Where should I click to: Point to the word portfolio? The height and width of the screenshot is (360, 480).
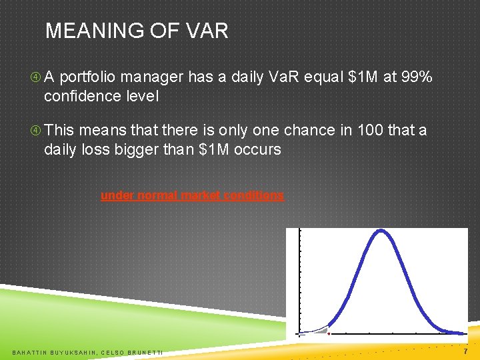coord(96,78)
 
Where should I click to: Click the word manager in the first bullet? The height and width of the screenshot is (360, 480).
coord(157,78)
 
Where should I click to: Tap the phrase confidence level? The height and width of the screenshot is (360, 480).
coord(101,96)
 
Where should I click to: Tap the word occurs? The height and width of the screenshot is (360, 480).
coord(257,149)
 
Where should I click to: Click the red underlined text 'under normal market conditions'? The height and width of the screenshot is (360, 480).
coord(192,196)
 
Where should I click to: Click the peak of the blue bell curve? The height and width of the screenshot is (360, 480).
coord(381,231)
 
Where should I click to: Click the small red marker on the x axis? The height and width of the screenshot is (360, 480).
coord(329,333)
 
